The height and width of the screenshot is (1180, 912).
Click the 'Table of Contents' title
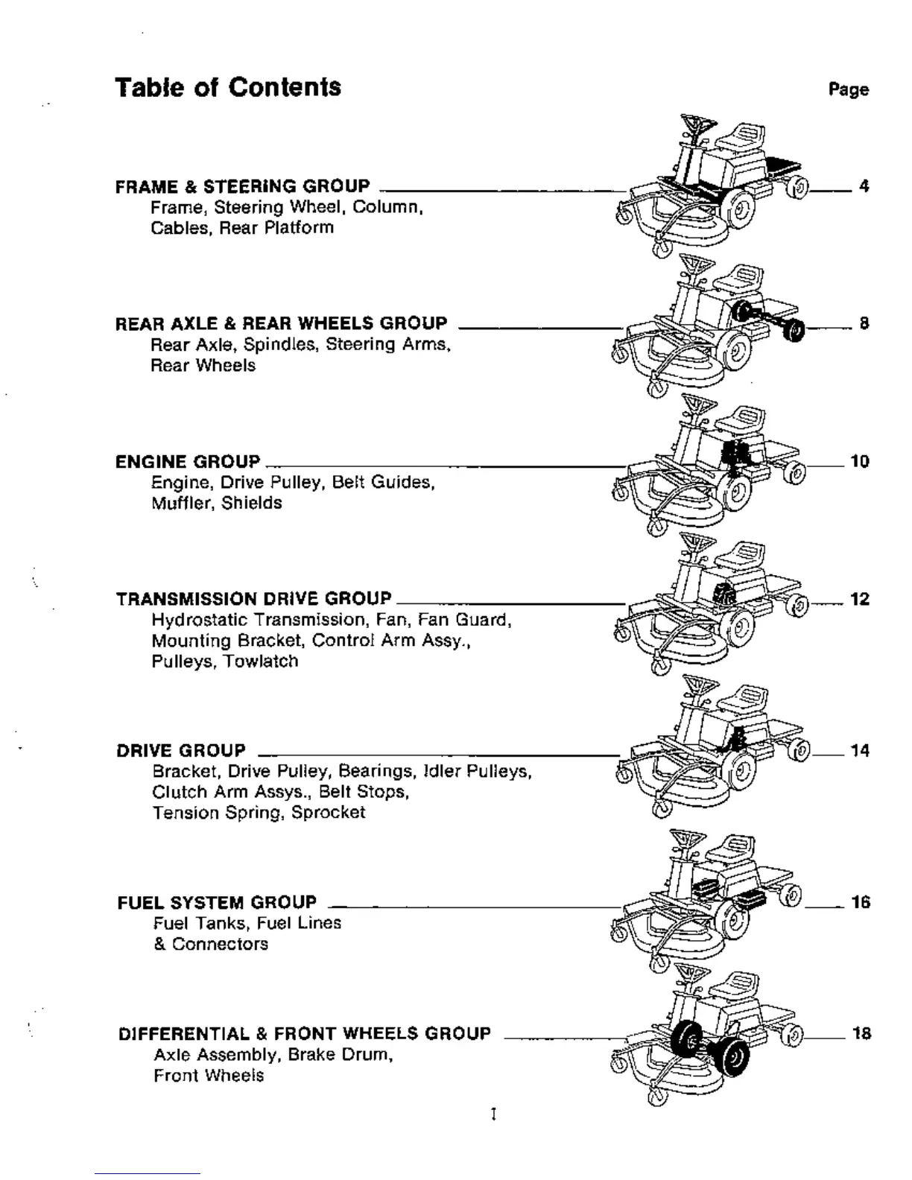[x=228, y=87]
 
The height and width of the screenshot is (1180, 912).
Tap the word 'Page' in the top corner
[x=849, y=90]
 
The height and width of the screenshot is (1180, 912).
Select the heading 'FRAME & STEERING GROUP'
[x=242, y=186]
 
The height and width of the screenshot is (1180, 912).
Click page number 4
[x=864, y=186]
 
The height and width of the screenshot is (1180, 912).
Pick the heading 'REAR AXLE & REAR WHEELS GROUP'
[x=281, y=323]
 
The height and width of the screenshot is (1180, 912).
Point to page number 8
[x=864, y=323]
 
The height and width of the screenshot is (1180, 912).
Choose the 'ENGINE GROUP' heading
[x=188, y=461]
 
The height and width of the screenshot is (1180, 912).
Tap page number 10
[x=859, y=461]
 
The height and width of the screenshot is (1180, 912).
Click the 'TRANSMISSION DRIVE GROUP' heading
[x=253, y=599]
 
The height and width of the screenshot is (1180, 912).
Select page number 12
[x=859, y=599]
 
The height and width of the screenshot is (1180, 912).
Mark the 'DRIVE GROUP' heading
[x=180, y=750]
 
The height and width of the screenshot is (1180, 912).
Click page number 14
[x=859, y=751]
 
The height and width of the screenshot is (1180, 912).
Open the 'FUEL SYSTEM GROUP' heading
[x=217, y=902]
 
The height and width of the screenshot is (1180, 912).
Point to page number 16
[x=860, y=902]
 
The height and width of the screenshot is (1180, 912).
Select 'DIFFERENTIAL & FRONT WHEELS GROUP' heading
[x=305, y=1033]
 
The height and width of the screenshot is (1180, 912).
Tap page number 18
[x=861, y=1033]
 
